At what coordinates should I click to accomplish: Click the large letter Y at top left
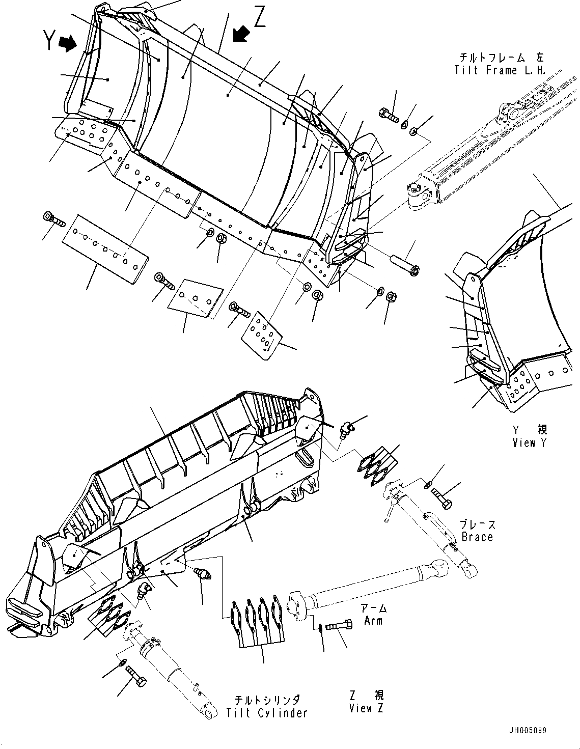(x=49, y=40)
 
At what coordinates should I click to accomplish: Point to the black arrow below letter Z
(x=241, y=34)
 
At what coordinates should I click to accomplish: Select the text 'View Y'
(x=529, y=442)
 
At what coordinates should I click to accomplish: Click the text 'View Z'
(x=367, y=708)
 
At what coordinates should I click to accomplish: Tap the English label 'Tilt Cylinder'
(x=267, y=713)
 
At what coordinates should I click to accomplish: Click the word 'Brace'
(x=477, y=537)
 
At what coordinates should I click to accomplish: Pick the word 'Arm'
(x=374, y=620)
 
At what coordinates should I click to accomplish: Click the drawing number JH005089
(x=527, y=730)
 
